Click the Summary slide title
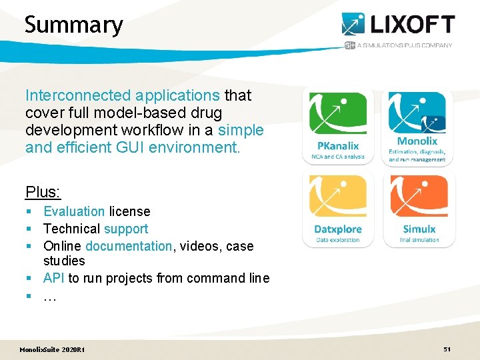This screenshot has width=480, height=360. point(73,25)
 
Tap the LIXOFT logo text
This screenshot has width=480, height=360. point(413,25)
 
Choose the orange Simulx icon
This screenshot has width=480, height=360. point(418,196)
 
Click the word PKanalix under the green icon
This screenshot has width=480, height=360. point(338,145)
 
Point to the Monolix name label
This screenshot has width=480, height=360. point(417,141)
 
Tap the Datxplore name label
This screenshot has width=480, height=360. point(338,229)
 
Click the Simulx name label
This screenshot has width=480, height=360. point(419,229)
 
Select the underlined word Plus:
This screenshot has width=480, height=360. point(43,193)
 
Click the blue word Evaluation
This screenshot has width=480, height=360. point(74,211)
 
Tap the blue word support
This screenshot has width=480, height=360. point(126,229)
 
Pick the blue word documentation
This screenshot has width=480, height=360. point(129,246)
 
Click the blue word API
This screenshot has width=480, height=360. point(54,278)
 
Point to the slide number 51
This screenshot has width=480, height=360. point(447,349)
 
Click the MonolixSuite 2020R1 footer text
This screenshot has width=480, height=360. point(52,350)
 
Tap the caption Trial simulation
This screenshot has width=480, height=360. point(419,240)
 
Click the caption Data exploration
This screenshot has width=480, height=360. point(338,240)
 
